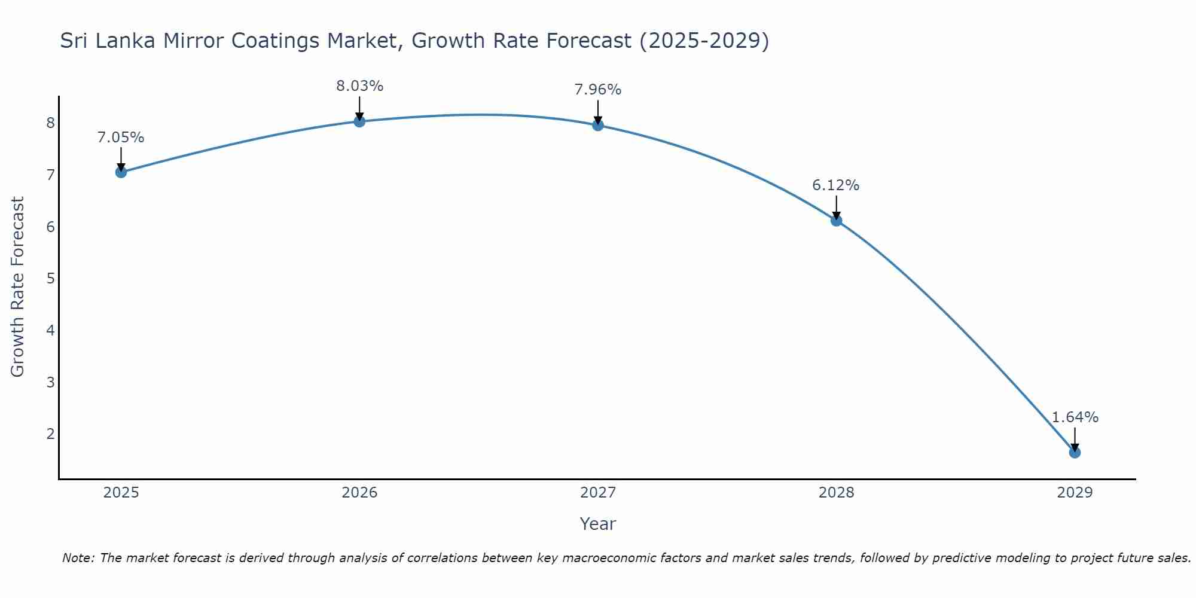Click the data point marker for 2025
[x=121, y=172]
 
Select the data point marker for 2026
[x=359, y=121]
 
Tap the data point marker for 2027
[x=598, y=125]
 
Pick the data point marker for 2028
[x=836, y=221]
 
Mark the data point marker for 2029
[x=1075, y=453]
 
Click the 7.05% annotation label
[x=121, y=138]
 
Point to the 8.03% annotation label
[x=359, y=86]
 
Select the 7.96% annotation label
[x=598, y=90]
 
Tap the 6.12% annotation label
[x=835, y=185]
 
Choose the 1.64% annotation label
[x=1075, y=417]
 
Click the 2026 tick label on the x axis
[x=359, y=493]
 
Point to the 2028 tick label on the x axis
[x=836, y=493]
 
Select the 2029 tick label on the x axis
[x=1075, y=493]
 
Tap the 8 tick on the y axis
[x=50, y=123]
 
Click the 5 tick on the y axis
[x=50, y=279]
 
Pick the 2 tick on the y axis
[x=50, y=434]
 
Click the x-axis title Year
[x=597, y=524]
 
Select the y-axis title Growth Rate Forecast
[x=18, y=287]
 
